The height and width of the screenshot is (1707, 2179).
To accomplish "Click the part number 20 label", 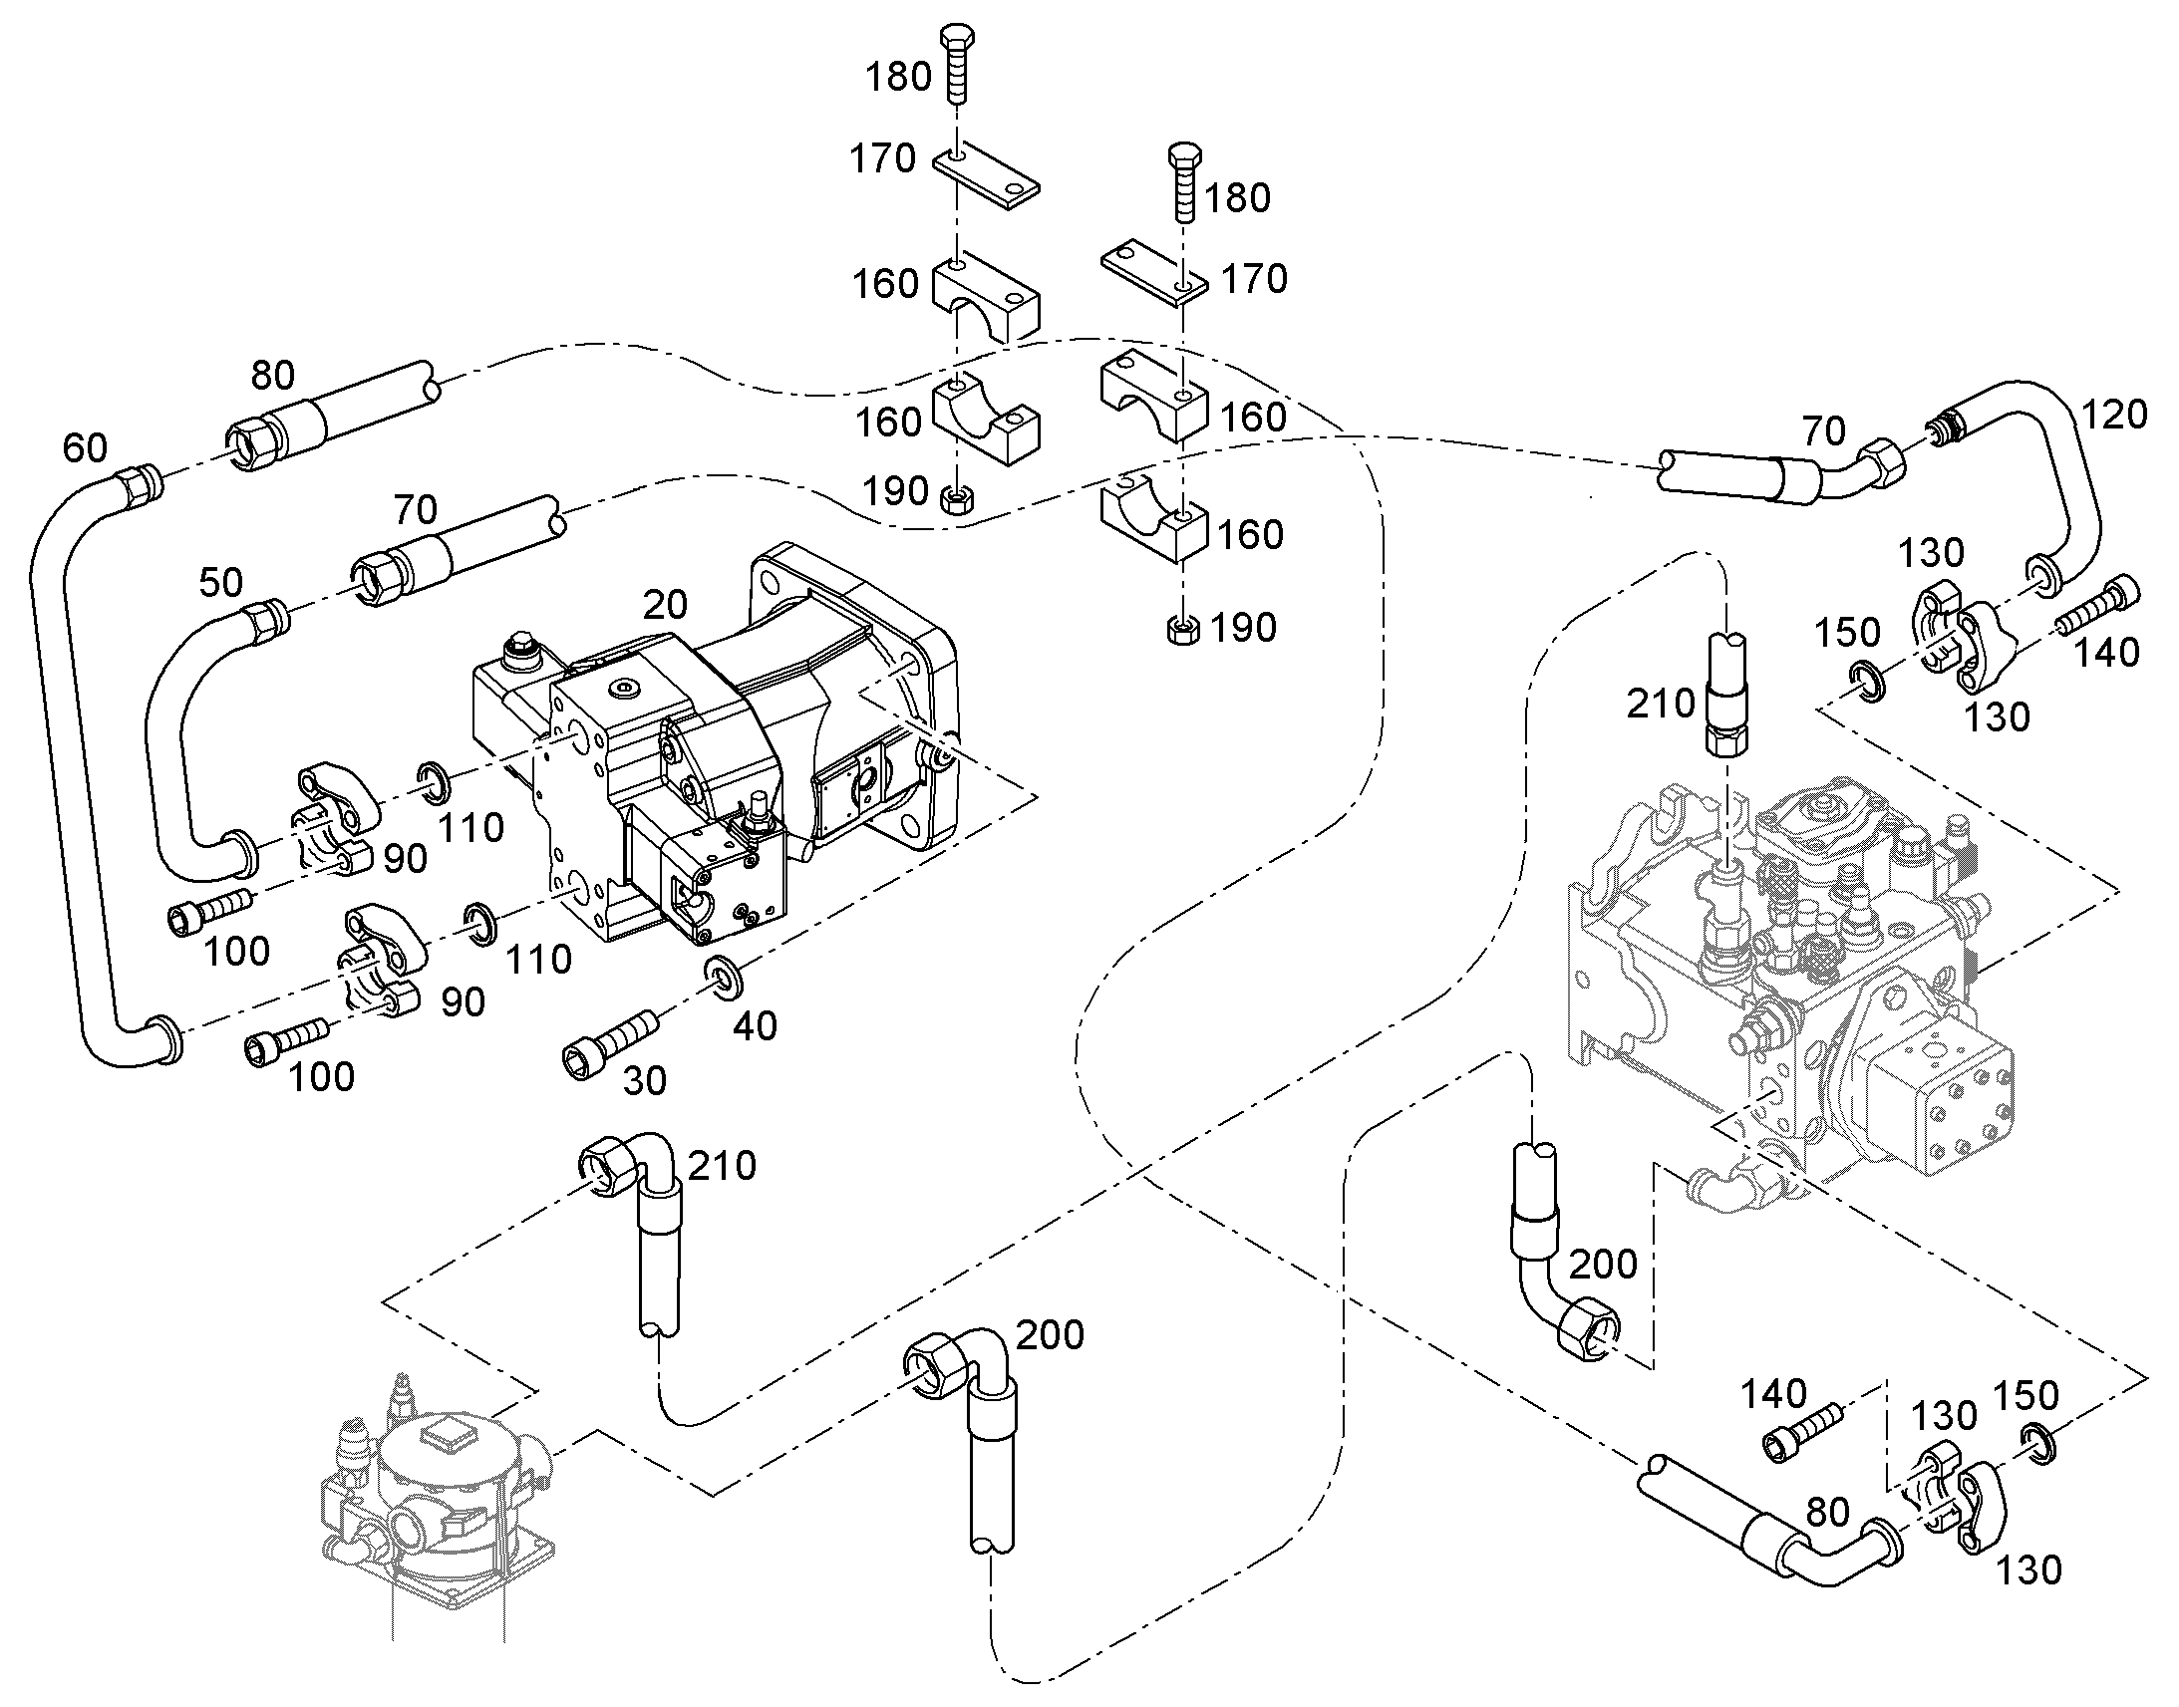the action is click(x=665, y=604).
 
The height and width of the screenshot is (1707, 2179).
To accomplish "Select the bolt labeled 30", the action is click(x=610, y=1042).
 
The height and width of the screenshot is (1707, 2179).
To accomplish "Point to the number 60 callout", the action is click(x=85, y=447).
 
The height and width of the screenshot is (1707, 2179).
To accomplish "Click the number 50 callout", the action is click(x=221, y=582).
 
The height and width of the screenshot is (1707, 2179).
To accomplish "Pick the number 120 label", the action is click(x=2114, y=414).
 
